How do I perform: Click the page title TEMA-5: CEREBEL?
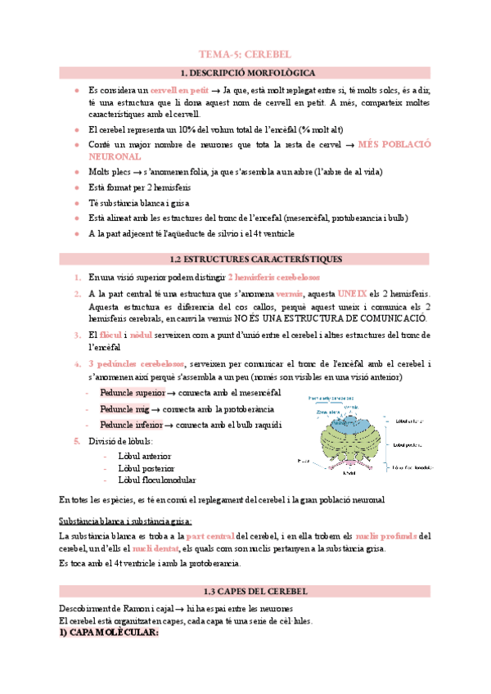point(245,54)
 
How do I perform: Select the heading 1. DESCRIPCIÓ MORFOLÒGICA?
point(245,73)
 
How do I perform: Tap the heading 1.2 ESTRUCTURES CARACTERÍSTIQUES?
point(245,259)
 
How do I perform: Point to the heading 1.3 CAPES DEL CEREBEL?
point(245,591)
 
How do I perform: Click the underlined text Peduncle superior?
point(132,394)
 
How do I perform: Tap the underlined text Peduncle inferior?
point(131,425)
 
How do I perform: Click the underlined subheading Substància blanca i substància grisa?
point(126,521)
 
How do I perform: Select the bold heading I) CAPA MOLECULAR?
point(108,633)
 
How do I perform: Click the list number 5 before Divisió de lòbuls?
point(77,440)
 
